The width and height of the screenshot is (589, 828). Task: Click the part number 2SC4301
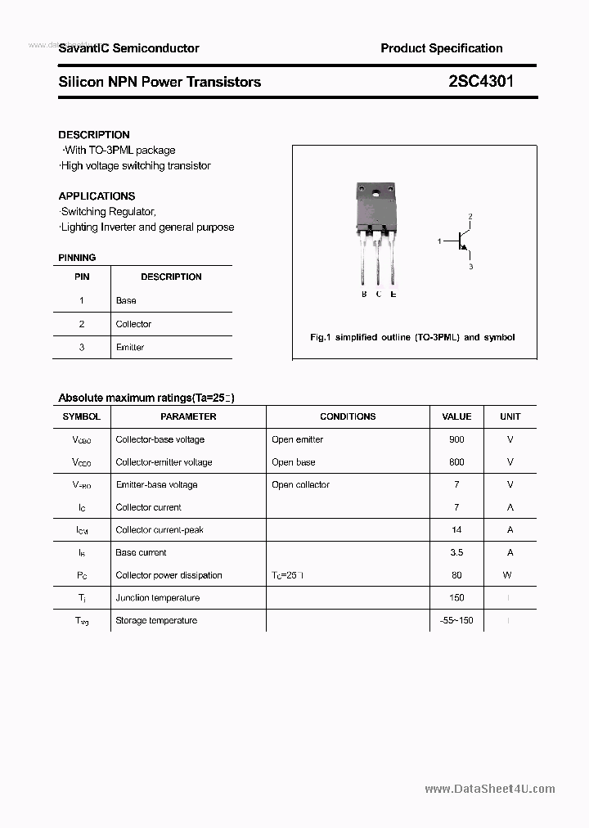(481, 81)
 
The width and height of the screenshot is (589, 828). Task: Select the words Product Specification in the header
(441, 48)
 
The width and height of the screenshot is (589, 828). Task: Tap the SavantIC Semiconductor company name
(128, 48)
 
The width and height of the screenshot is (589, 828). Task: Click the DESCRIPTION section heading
(93, 134)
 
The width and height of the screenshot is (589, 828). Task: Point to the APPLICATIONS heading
(97, 196)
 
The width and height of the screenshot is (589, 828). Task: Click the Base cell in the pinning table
(126, 300)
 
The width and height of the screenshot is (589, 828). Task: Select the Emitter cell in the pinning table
(129, 347)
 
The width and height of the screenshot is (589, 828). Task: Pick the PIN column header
(82, 277)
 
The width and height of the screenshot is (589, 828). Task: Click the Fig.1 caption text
(412, 337)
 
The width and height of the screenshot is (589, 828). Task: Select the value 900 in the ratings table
(456, 439)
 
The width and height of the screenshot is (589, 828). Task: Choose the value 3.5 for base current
(456, 552)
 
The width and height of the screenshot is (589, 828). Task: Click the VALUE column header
(456, 416)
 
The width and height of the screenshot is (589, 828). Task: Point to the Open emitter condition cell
(297, 439)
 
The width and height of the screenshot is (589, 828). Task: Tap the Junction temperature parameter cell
(157, 597)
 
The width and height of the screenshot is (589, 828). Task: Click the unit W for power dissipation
(508, 575)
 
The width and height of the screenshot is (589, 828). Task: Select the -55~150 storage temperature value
(456, 620)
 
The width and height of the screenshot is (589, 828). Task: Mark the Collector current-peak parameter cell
(159, 529)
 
